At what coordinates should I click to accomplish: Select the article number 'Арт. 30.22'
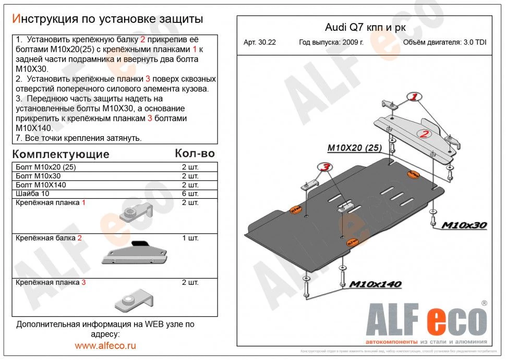pyautogui.click(x=259, y=43)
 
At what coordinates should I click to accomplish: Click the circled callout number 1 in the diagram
pyautogui.click(x=414, y=97)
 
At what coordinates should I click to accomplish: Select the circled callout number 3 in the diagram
pyautogui.click(x=324, y=167)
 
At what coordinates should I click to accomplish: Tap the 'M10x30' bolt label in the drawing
pyautogui.click(x=464, y=225)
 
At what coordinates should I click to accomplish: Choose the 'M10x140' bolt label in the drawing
pyautogui.click(x=375, y=284)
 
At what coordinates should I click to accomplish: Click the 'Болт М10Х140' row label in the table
pyautogui.click(x=41, y=185)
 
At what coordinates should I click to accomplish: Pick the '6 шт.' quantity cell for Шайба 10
pyautogui.click(x=189, y=193)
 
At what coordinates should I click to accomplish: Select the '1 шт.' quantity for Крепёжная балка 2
pyautogui.click(x=189, y=238)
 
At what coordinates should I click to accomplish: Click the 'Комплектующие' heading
pyautogui.click(x=61, y=154)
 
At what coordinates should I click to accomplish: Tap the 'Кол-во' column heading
pyautogui.click(x=194, y=153)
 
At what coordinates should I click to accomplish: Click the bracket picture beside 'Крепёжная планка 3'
pyautogui.click(x=133, y=299)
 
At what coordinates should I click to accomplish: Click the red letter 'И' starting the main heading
pyautogui.click(x=16, y=19)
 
